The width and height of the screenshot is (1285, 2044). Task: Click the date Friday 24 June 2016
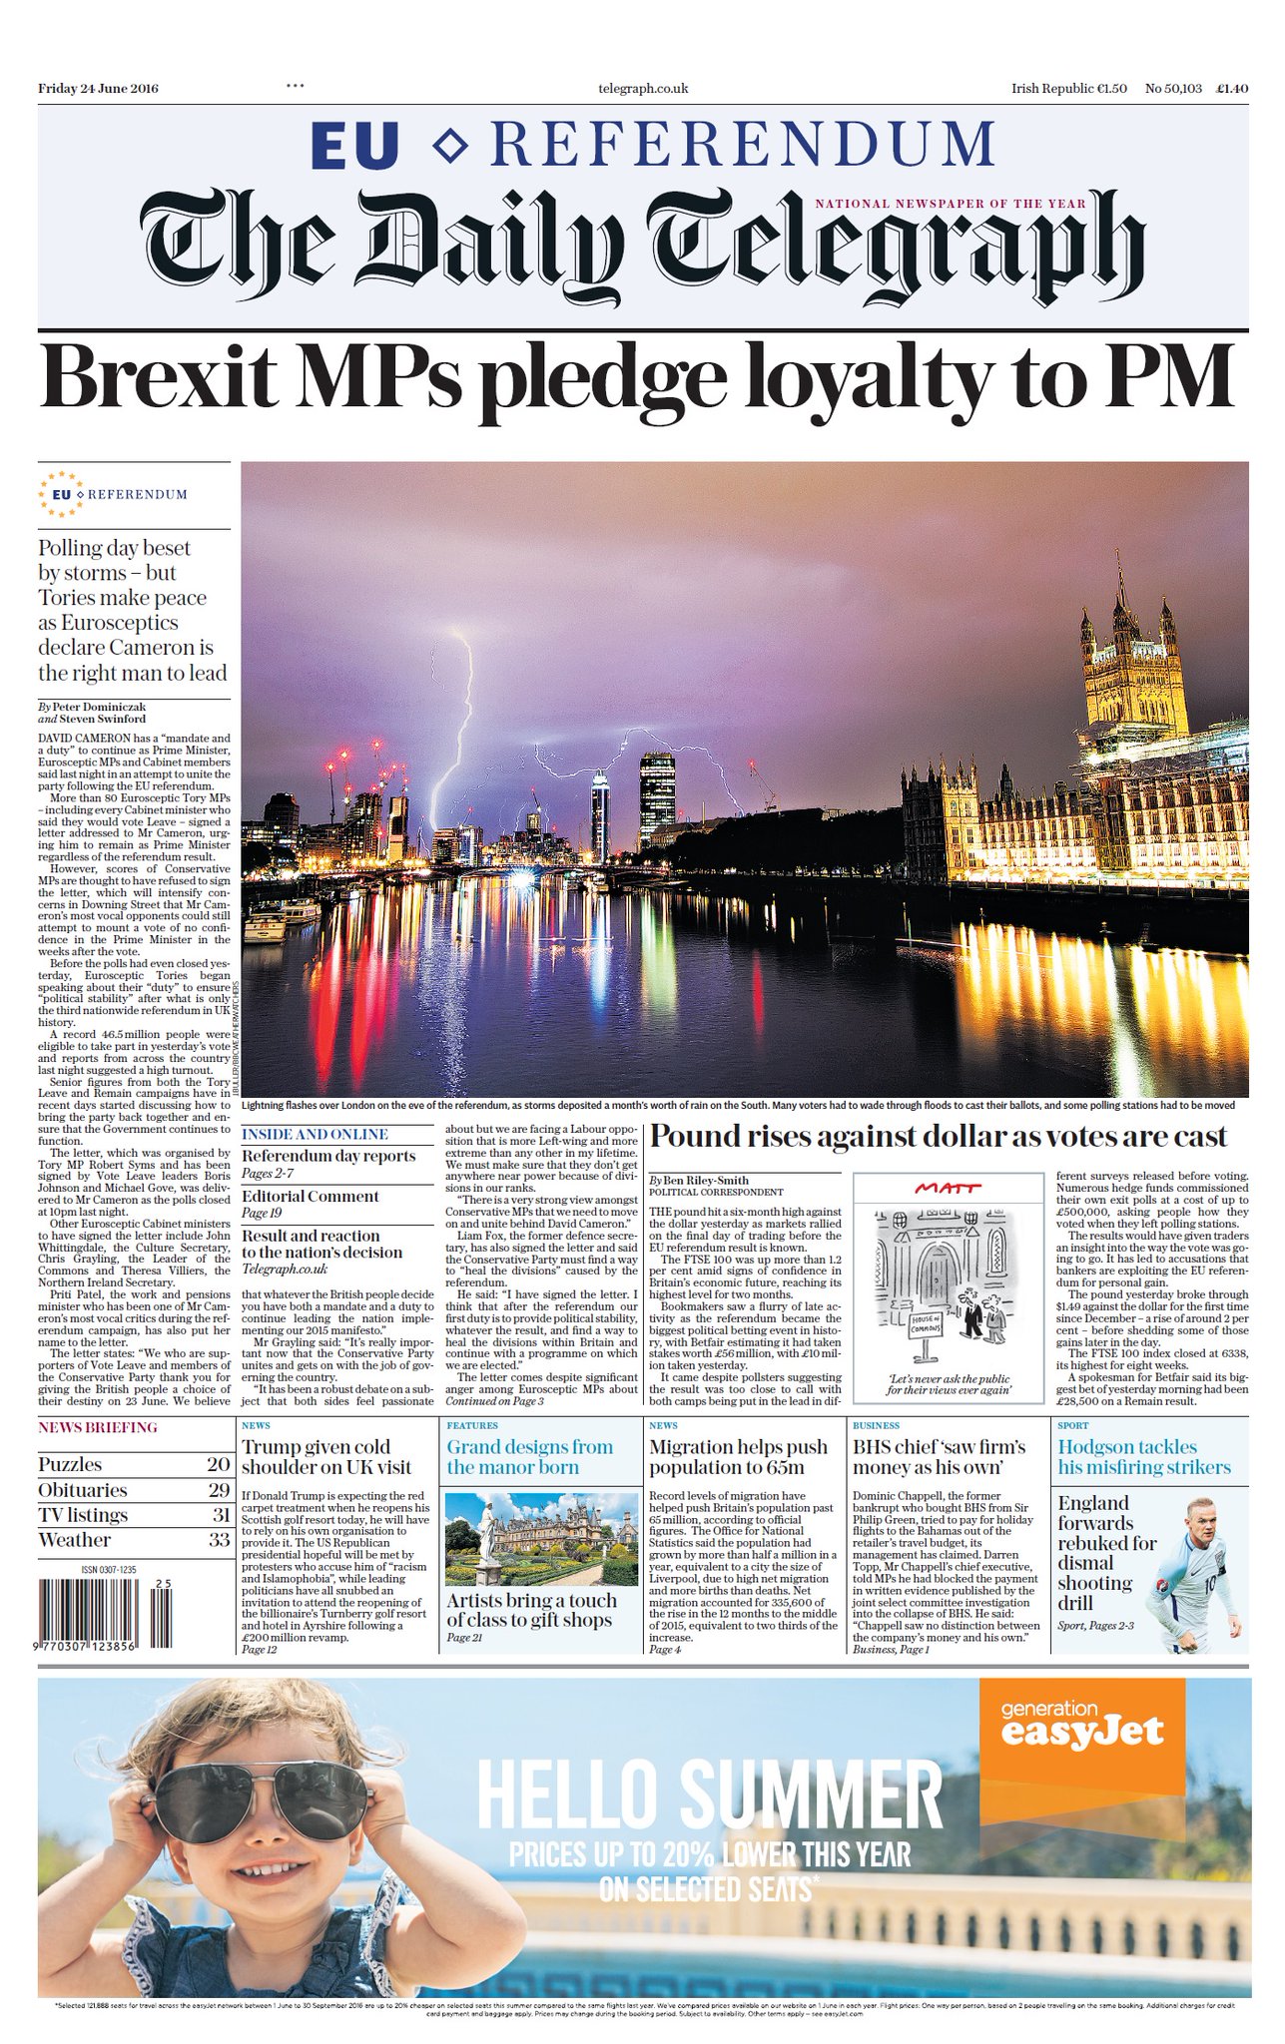[98, 88]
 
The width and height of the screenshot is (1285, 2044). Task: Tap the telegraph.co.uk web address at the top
[643, 88]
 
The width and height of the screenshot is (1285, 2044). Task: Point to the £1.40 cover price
[1231, 88]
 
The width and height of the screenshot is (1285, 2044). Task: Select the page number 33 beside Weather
[220, 1540]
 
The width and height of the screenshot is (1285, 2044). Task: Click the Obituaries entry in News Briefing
[83, 1490]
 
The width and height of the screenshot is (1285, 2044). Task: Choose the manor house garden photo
[540, 1538]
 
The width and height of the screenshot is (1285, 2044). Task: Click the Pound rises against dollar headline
[939, 1137]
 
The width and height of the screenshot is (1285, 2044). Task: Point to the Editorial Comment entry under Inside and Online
[311, 1196]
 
